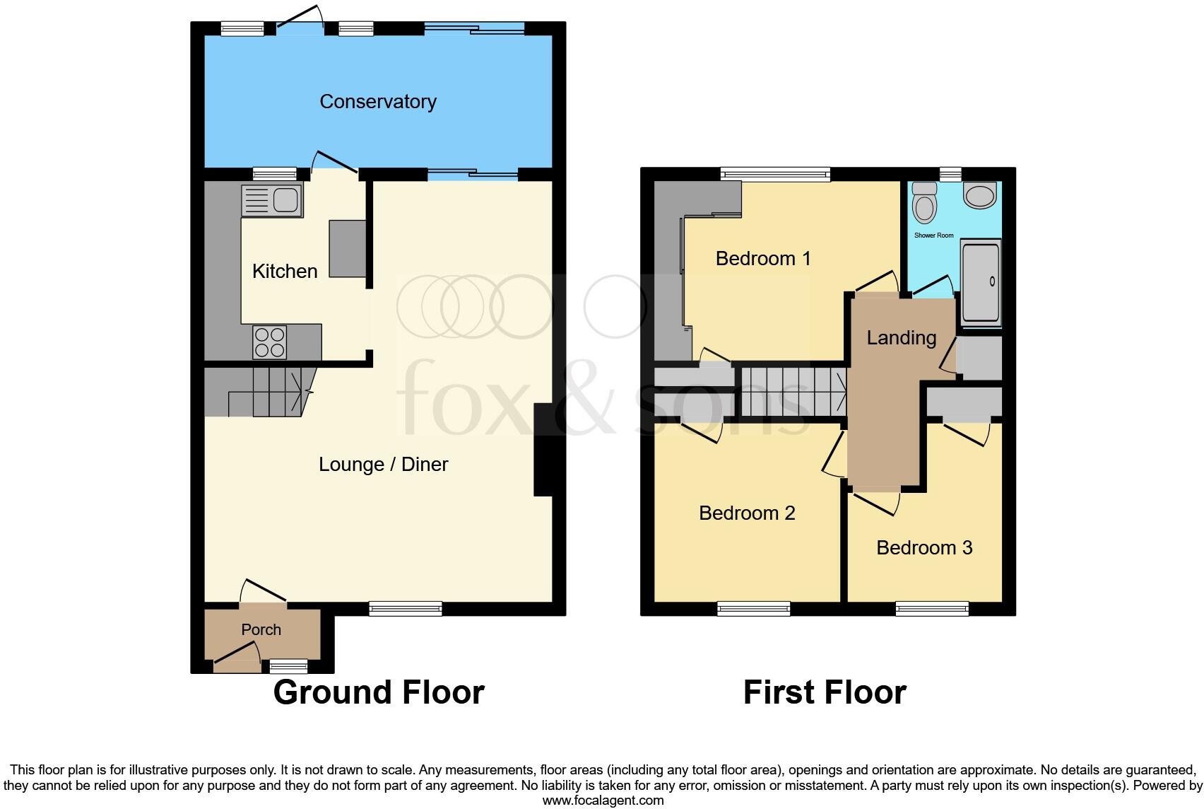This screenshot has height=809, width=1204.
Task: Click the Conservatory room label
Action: pyautogui.click(x=377, y=102)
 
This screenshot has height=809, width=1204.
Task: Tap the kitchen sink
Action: pyautogui.click(x=273, y=200)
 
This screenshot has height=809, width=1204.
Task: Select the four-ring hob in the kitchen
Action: pyautogui.click(x=270, y=342)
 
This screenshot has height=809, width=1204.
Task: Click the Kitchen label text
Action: pyautogui.click(x=285, y=272)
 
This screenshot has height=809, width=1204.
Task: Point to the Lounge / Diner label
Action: pyautogui.click(x=383, y=465)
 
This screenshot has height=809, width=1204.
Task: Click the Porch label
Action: pyautogui.click(x=261, y=629)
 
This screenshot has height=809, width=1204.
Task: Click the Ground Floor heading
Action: pyautogui.click(x=379, y=692)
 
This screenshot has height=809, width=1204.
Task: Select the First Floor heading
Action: pyautogui.click(x=825, y=692)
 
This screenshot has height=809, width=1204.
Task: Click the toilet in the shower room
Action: pyautogui.click(x=923, y=203)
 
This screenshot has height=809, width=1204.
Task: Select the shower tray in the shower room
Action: pyautogui.click(x=981, y=282)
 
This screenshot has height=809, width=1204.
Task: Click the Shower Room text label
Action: pyautogui.click(x=933, y=235)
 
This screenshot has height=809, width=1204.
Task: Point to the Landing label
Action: pyautogui.click(x=901, y=338)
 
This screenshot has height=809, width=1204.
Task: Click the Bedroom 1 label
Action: pyautogui.click(x=762, y=259)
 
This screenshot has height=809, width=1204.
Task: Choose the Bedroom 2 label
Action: pyautogui.click(x=747, y=513)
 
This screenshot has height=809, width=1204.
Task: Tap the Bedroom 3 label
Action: pyautogui.click(x=924, y=548)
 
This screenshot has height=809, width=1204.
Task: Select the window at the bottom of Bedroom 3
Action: pyautogui.click(x=932, y=609)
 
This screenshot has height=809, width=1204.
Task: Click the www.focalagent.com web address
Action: pyautogui.click(x=603, y=801)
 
